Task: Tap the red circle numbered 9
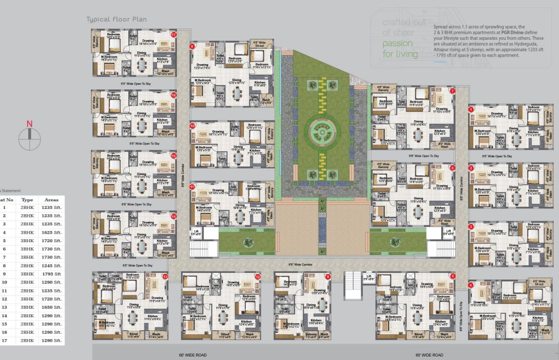click(192, 46)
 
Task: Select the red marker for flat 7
click(452, 91)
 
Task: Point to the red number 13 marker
click(165, 276)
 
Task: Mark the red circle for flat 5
click(453, 276)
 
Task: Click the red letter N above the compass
click(29, 124)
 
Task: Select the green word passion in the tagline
click(397, 43)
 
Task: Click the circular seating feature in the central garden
click(321, 132)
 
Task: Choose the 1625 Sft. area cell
click(52, 232)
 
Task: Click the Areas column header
click(52, 199)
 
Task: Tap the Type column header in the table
click(27, 199)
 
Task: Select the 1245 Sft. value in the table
click(52, 265)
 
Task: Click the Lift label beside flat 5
click(369, 275)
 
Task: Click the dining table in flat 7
click(419, 135)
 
